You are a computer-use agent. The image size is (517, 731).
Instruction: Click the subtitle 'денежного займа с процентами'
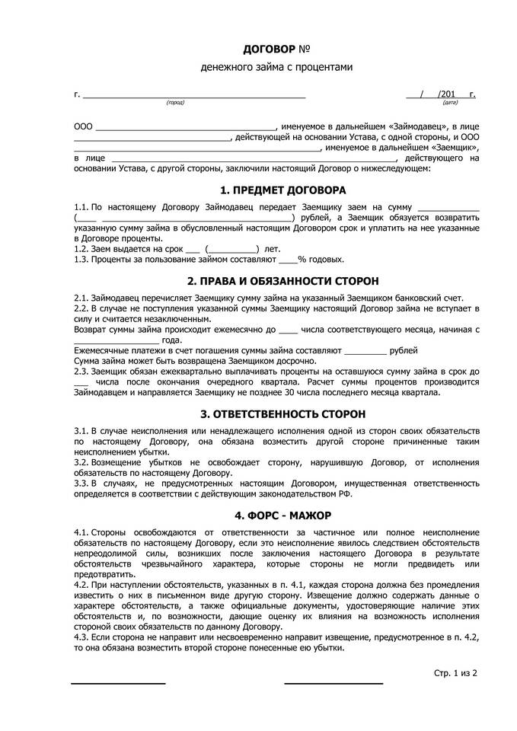click(277, 67)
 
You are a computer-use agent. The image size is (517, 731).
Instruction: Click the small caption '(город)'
click(175, 102)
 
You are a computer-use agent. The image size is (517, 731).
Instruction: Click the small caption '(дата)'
click(450, 102)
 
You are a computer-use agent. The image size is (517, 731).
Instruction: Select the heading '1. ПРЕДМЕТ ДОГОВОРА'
click(282, 190)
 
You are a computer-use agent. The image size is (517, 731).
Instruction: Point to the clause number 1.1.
click(81, 207)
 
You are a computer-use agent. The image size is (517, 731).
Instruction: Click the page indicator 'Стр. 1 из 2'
click(455, 673)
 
